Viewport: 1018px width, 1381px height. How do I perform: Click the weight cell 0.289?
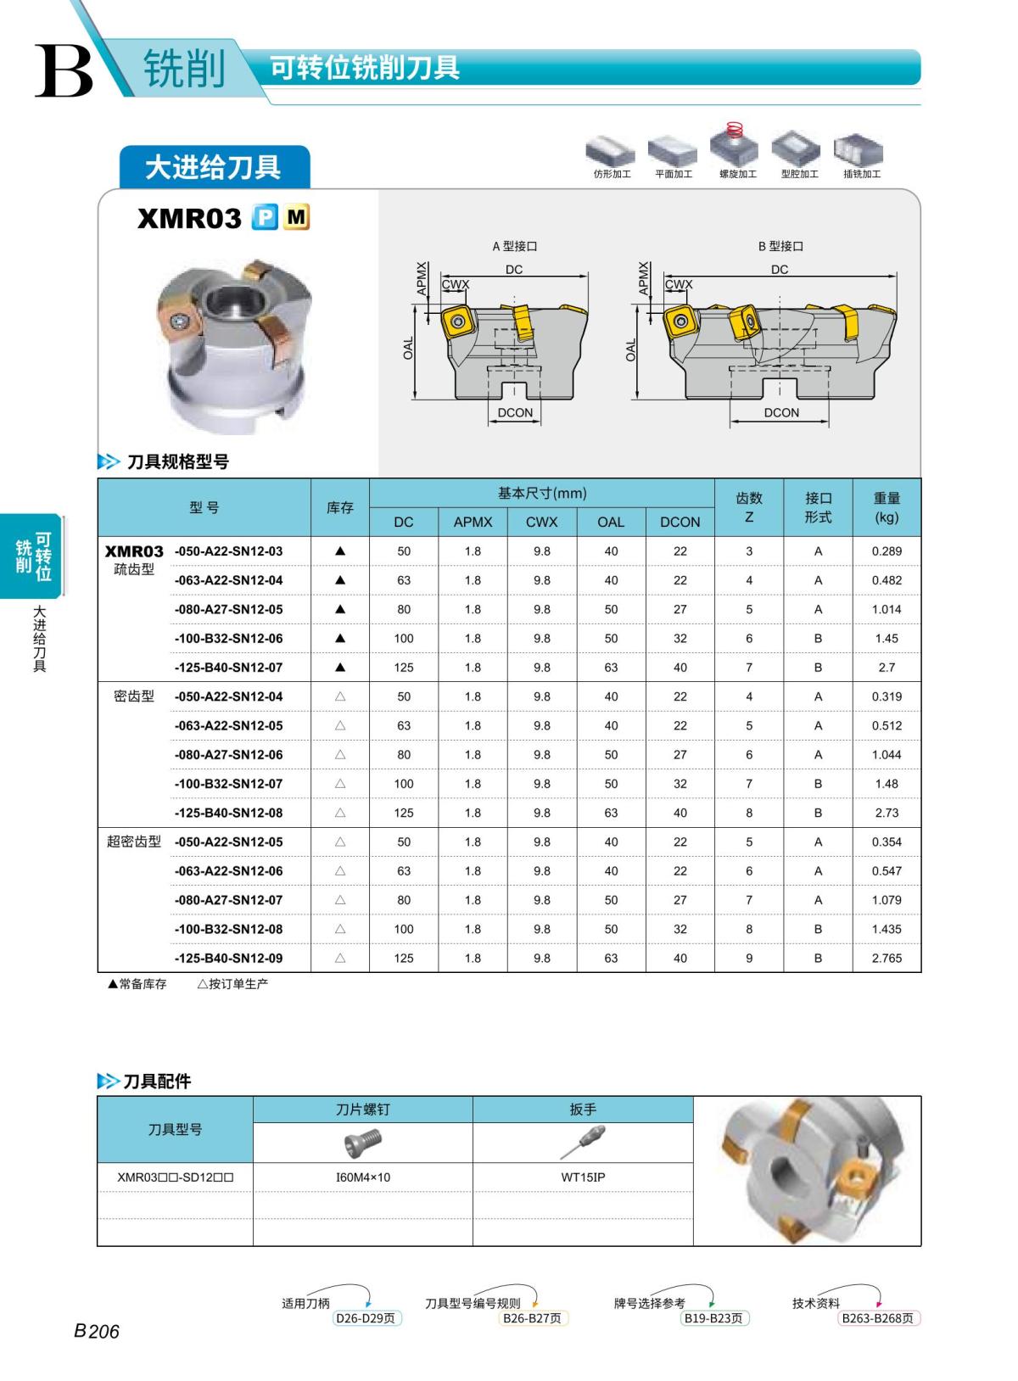[887, 551]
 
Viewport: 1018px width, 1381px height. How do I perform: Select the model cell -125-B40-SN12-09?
[228, 959]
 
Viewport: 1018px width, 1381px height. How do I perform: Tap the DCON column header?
[680, 522]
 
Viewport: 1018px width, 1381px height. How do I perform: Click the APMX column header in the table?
[473, 522]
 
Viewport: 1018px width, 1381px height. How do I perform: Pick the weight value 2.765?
[887, 959]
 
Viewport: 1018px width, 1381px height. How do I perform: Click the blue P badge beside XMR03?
[265, 218]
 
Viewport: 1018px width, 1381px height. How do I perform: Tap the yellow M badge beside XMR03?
[296, 218]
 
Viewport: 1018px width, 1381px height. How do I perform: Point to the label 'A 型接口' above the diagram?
[515, 246]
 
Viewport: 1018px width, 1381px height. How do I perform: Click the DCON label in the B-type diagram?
[780, 413]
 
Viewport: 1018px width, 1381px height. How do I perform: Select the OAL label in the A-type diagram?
[408, 348]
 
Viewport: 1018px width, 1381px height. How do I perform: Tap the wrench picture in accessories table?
[583, 1142]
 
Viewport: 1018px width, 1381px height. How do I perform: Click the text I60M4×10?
[363, 1177]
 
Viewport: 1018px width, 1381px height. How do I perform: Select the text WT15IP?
[583, 1177]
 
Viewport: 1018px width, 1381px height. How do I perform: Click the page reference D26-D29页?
[366, 1318]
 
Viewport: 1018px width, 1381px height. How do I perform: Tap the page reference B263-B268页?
[878, 1318]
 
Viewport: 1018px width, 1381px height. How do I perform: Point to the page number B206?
[97, 1332]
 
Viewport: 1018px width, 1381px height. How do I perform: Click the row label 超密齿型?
[134, 842]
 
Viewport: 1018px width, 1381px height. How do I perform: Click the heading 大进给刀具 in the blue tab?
[213, 167]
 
